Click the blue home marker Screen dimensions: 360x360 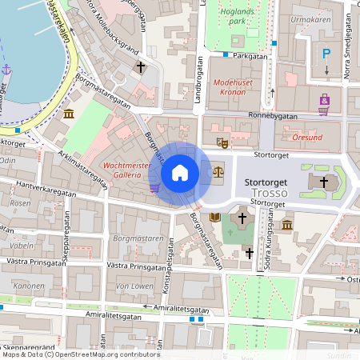pyautogui.click(x=180, y=172)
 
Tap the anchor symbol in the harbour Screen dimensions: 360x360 pyautogui.click(x=7, y=70)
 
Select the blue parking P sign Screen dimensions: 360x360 pyautogui.click(x=326, y=54)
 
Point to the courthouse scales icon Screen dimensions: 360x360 pyautogui.click(x=218, y=171)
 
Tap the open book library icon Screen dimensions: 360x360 pyautogui.click(x=214, y=217)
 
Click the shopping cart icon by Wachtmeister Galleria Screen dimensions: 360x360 pyautogui.click(x=154, y=188)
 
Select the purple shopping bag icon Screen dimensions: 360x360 pyautogui.click(x=324, y=100)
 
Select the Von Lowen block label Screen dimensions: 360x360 pyautogui.click(x=134, y=285)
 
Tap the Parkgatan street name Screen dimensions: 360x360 pyautogui.click(x=250, y=57)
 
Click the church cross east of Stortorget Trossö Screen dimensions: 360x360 pyautogui.click(x=324, y=182)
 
